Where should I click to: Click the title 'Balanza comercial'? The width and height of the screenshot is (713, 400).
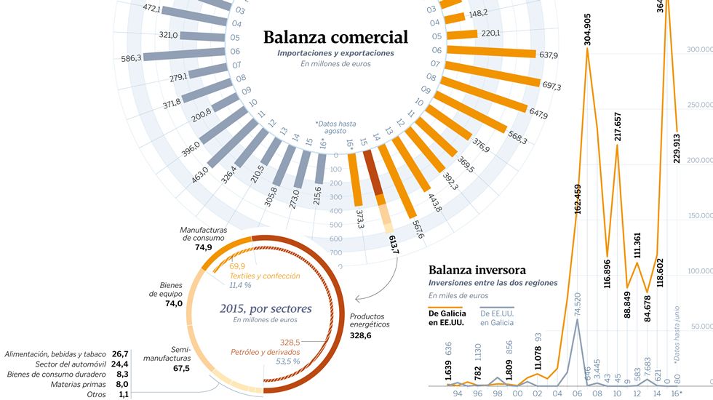335,37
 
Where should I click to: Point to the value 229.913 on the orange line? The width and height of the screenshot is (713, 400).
677,148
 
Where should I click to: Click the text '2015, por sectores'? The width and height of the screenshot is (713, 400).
266,308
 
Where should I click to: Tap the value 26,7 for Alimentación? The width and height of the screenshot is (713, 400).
120,353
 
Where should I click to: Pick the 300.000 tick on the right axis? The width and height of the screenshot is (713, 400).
700,49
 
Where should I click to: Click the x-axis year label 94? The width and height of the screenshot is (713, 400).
457,393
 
